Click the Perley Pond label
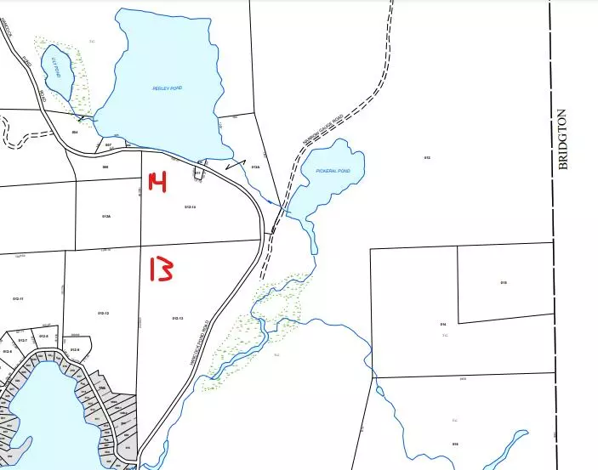point(168,88)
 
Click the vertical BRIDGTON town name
point(562,140)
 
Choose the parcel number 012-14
point(189,207)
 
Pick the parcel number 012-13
point(178,318)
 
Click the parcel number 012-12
point(103,314)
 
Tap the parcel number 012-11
point(18,299)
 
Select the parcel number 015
point(503,282)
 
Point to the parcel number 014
point(443,325)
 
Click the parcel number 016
point(455,445)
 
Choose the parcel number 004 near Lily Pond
point(75,133)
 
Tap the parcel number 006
point(105,167)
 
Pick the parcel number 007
point(108,145)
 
